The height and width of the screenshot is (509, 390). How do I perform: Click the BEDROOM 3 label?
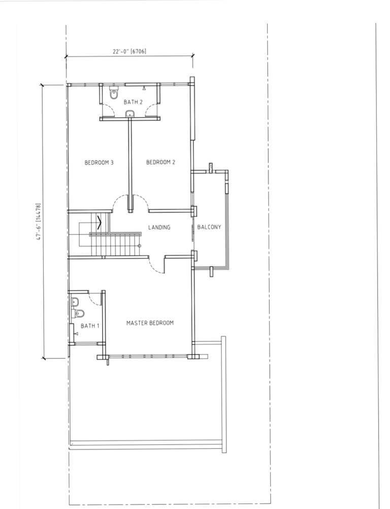tap(99, 163)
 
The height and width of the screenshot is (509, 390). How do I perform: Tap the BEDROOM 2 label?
tap(160, 162)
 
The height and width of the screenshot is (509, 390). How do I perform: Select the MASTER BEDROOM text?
tap(150, 323)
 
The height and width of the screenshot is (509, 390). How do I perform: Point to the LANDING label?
tap(159, 227)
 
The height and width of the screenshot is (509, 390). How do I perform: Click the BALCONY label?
tap(209, 227)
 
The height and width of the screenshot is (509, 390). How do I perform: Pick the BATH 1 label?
tap(90, 326)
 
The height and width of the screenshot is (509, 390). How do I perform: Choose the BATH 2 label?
tap(133, 102)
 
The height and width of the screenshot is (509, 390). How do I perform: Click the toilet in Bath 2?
tap(114, 92)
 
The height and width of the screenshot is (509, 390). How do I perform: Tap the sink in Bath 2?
tap(130, 113)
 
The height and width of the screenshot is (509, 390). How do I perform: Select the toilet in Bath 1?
tap(78, 313)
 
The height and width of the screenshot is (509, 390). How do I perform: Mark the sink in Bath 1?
tap(75, 302)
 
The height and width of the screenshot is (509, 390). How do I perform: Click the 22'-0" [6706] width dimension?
tap(129, 51)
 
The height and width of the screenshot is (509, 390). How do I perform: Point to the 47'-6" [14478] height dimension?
tap(39, 221)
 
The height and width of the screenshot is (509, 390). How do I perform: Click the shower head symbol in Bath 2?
tap(144, 88)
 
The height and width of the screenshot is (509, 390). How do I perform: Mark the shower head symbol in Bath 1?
tap(76, 333)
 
